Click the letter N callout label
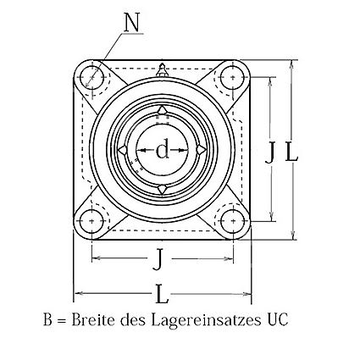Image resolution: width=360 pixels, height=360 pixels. pyautogui.click(x=131, y=22)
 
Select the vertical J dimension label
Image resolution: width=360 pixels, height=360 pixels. pyautogui.click(x=270, y=152)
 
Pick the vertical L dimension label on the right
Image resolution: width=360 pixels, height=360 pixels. pyautogui.click(x=291, y=152)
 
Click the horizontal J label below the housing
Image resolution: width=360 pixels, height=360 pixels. pyautogui.click(x=160, y=259)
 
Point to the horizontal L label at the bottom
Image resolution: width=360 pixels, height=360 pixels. pyautogui.click(x=162, y=294)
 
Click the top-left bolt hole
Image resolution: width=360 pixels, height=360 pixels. pyautogui.click(x=91, y=77)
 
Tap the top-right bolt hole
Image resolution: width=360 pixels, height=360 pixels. pyautogui.click(x=232, y=77)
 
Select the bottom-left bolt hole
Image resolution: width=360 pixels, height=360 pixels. pyautogui.click(x=91, y=221)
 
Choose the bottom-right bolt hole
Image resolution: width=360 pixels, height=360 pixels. pyautogui.click(x=232, y=221)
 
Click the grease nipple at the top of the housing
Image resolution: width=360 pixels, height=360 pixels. pyautogui.click(x=162, y=70)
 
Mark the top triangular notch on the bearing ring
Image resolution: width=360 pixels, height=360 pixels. pyautogui.click(x=162, y=110)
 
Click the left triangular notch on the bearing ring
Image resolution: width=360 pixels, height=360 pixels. pyautogui.click(x=123, y=150)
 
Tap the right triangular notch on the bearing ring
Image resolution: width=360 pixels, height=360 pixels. pyautogui.click(x=201, y=150)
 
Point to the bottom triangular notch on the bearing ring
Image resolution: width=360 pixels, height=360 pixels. pyautogui.click(x=162, y=189)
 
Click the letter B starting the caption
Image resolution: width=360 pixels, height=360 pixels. pyautogui.click(x=48, y=319)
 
